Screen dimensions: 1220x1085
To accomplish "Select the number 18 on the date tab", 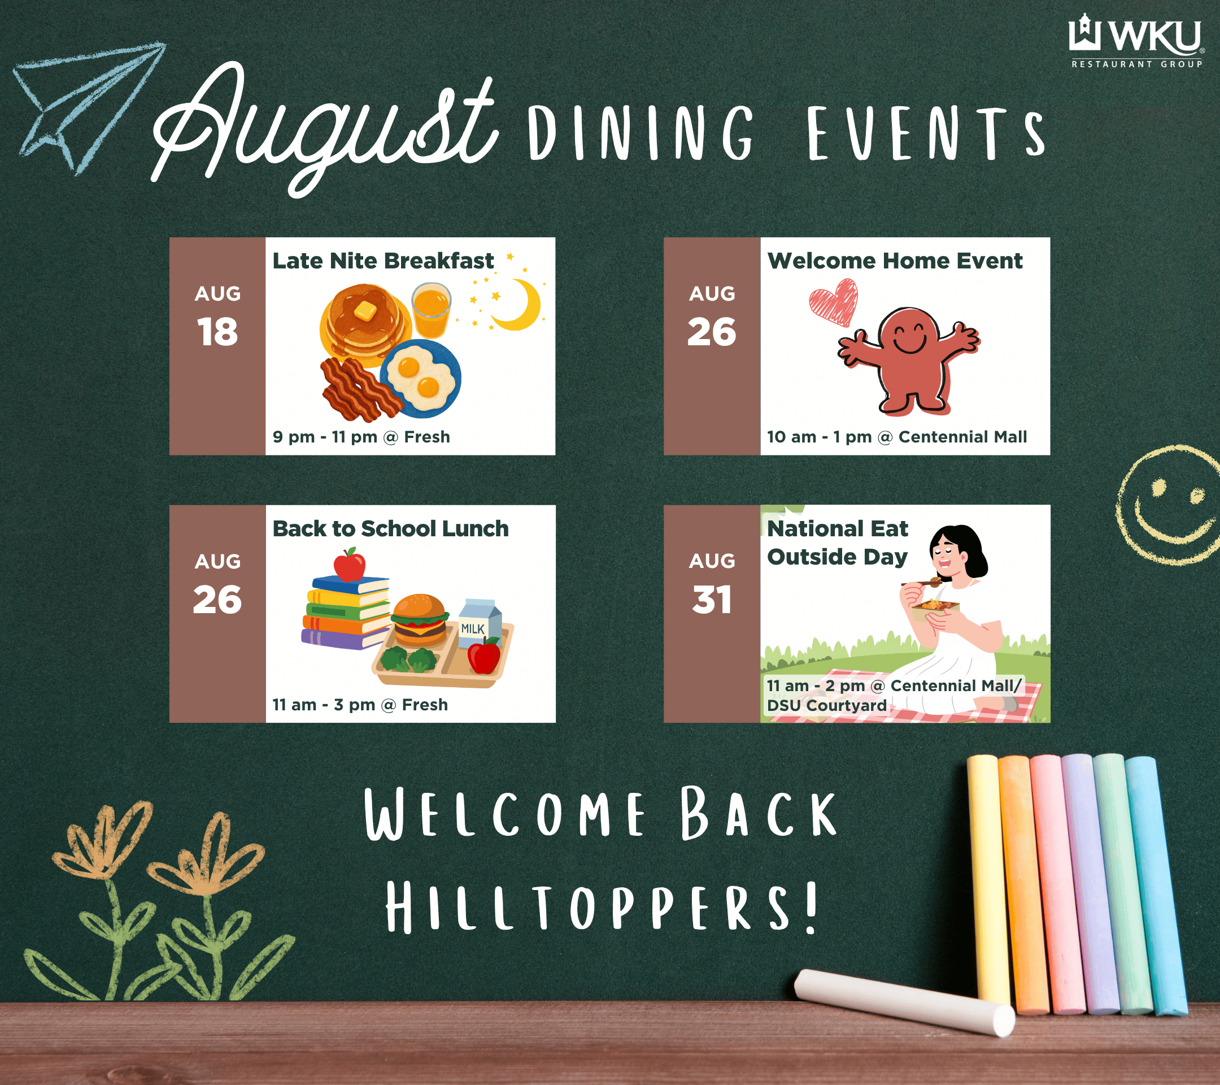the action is coord(217,332).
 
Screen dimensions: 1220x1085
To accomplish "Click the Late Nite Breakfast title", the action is coord(383,261).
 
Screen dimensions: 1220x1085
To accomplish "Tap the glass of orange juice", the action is coord(431,310).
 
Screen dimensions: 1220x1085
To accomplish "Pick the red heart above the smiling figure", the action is coord(834,302).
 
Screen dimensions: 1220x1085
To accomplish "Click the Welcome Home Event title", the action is coord(895,261).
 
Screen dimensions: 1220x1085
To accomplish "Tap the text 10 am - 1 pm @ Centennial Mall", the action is coord(897,437).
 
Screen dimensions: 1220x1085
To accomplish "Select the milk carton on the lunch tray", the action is coord(480,624).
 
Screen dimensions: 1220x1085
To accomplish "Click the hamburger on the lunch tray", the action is coord(419,620).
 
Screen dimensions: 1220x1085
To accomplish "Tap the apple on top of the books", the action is coord(349,565).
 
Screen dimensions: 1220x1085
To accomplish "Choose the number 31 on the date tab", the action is coord(712,600).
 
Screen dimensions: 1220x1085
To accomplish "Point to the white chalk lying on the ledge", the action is coord(904,1002).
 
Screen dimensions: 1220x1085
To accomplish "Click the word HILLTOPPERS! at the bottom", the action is coord(602,909).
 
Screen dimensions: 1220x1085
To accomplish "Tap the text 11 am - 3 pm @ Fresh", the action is coord(360,705).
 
